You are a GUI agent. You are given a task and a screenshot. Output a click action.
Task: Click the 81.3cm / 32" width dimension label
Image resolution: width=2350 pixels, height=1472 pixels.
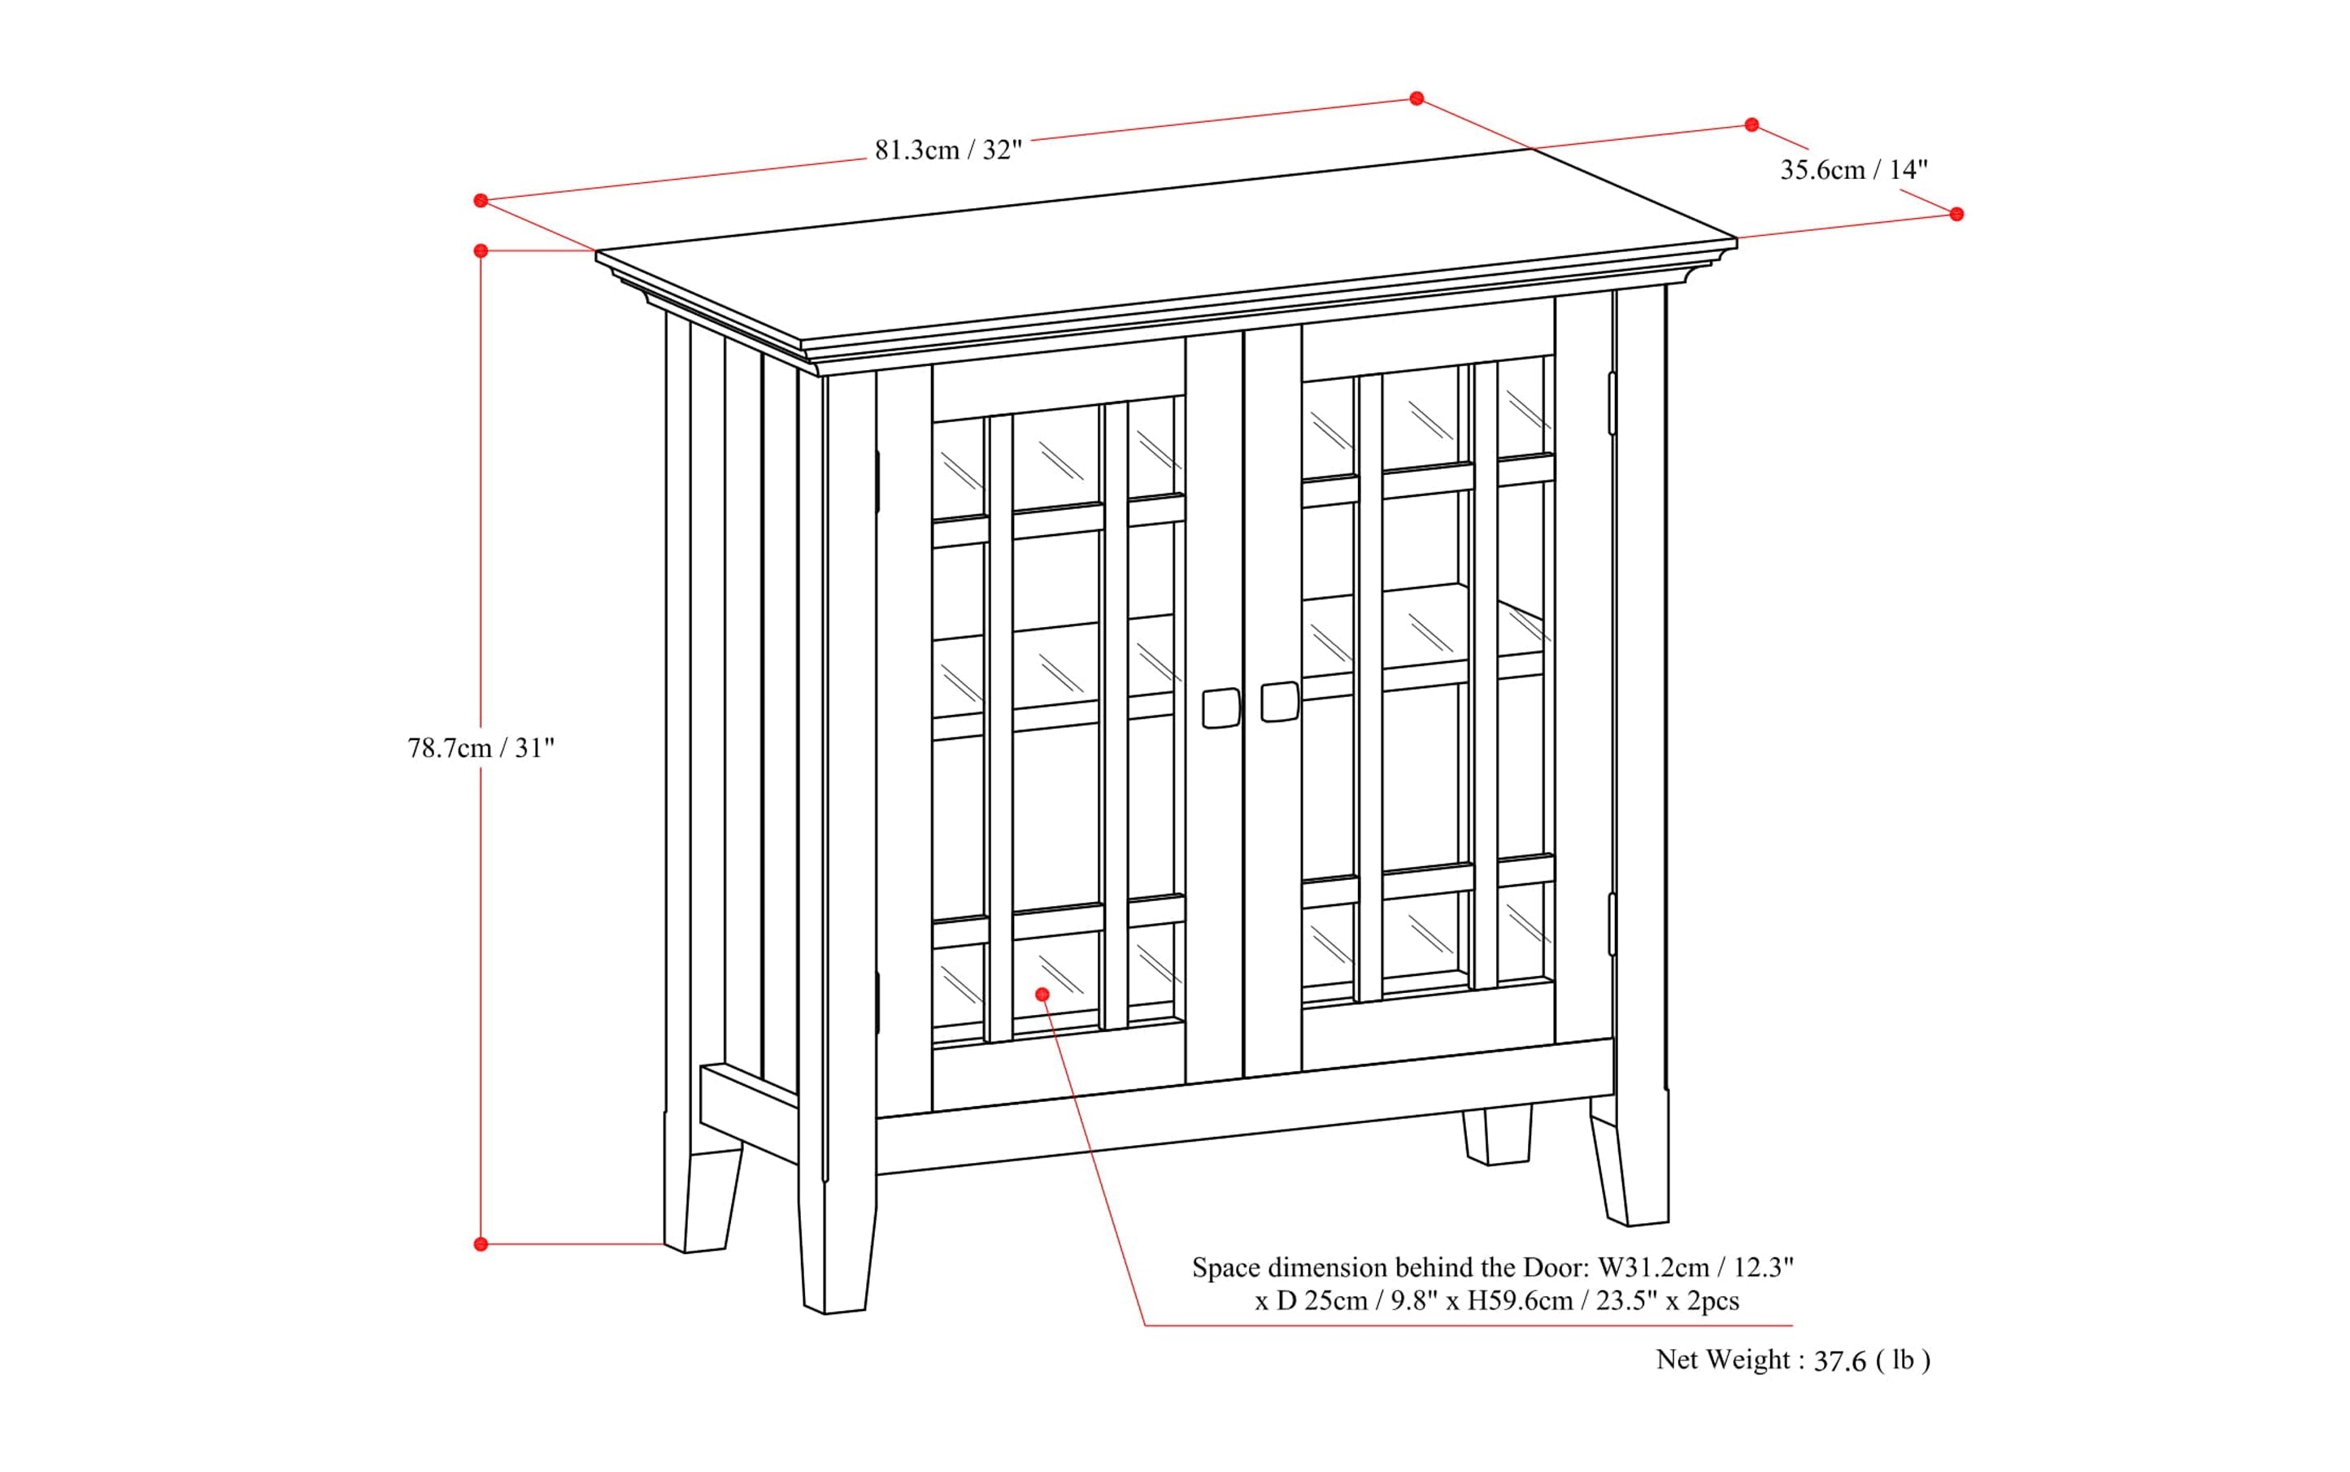tap(947, 150)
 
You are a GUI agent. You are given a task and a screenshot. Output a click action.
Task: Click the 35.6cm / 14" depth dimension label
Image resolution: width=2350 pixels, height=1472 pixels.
tap(1853, 169)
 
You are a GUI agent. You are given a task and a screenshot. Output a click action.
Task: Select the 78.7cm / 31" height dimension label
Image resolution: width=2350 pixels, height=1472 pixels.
tap(481, 747)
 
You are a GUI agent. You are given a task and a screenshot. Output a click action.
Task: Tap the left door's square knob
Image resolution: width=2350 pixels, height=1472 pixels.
tap(1221, 708)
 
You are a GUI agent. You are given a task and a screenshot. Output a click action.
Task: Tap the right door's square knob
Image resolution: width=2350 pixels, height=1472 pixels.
tap(1279, 701)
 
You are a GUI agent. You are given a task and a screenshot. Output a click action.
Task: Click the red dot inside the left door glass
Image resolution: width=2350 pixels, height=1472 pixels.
tap(1042, 994)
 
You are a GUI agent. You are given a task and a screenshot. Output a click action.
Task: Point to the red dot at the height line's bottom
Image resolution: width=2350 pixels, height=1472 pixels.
tap(481, 1244)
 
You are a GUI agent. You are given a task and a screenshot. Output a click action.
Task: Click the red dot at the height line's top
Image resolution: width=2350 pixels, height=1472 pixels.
tap(481, 251)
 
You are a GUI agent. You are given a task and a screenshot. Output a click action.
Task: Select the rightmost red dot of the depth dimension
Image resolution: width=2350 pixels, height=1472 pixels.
tap(1956, 214)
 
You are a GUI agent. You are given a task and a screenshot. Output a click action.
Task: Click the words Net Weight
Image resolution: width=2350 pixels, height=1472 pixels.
tap(1723, 1359)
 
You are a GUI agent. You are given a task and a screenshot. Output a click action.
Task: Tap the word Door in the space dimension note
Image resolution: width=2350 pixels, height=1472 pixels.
tap(1554, 1268)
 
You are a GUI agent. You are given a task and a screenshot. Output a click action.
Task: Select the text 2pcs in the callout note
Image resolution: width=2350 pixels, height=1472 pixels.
tap(1712, 1300)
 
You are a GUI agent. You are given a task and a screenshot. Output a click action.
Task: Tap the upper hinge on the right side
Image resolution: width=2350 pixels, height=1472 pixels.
tap(1612, 403)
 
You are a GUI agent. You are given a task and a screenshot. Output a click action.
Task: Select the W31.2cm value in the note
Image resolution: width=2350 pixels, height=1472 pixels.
tap(1654, 1268)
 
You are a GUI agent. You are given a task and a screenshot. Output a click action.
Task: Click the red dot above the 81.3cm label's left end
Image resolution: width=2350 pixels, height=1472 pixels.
tap(481, 201)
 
